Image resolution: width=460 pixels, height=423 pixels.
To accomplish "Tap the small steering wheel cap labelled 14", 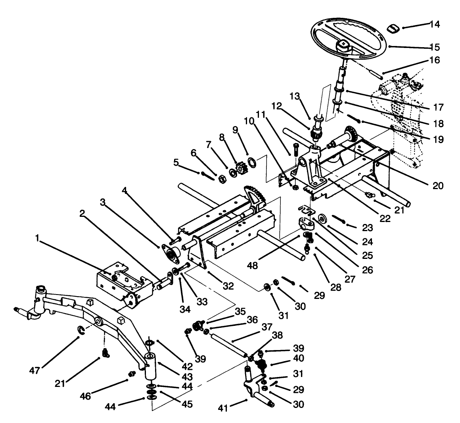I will (393, 28).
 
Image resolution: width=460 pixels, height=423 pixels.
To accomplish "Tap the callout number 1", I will (38, 238).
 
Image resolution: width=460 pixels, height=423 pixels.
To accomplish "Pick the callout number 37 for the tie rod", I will (266, 327).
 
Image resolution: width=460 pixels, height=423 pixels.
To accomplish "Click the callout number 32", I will (229, 285).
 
